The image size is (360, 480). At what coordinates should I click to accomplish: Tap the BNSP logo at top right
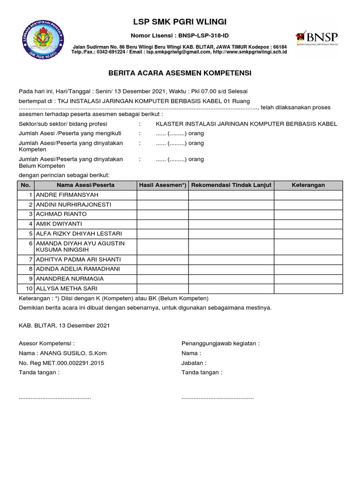coord(316,38)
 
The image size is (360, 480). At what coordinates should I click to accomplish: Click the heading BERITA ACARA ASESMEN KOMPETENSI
coord(180,73)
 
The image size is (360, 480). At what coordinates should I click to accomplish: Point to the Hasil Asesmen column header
coord(163,185)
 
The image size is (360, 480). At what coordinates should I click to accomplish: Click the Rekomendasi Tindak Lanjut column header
coord(231,185)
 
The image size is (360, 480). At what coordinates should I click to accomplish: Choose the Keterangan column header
coord(308,185)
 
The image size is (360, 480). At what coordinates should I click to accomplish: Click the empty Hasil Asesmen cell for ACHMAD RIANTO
coord(163,214)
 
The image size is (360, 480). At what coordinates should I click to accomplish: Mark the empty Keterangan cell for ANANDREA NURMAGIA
coord(308,278)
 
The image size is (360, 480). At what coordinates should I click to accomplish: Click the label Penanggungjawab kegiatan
coord(220,343)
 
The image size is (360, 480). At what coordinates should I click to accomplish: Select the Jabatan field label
coord(194,363)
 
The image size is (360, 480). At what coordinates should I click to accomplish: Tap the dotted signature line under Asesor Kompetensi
coord(55,397)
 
